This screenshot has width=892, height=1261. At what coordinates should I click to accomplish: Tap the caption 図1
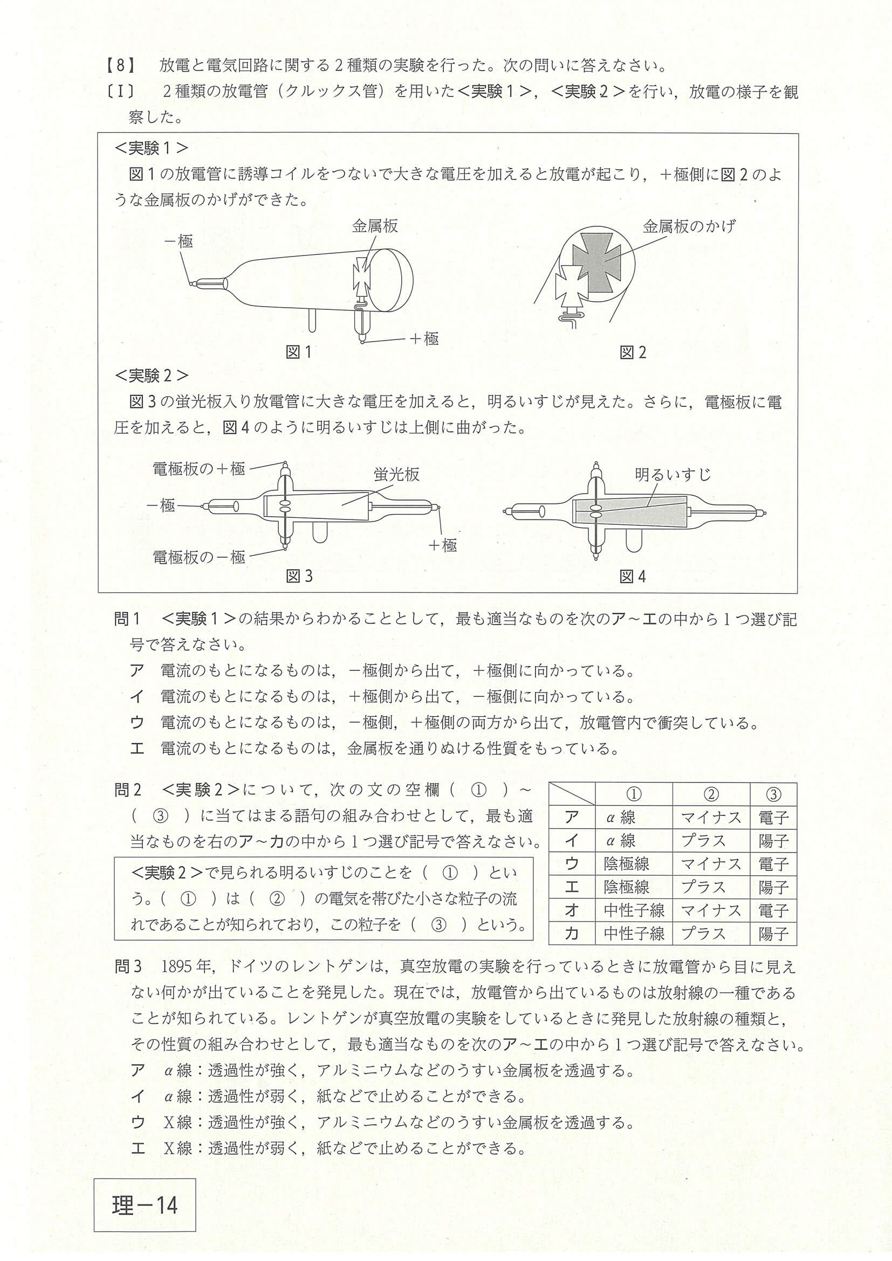298,352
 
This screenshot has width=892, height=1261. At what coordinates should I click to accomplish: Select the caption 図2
633,352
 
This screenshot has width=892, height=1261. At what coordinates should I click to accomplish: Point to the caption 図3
299,576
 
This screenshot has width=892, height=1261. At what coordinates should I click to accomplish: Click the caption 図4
633,576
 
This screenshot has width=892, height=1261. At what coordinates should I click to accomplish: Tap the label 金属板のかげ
689,226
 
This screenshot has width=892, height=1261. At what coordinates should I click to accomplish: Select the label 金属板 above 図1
375,226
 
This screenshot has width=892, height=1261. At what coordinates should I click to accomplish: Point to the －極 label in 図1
179,241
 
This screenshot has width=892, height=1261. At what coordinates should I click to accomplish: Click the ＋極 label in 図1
424,338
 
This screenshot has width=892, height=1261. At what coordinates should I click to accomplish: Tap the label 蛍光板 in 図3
396,475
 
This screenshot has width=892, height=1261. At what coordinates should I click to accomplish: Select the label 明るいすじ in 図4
672,475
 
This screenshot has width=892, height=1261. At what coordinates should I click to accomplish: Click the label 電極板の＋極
198,468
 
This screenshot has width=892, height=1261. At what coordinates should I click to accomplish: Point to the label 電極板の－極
198,557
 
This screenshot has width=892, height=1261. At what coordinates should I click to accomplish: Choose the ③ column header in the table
773,795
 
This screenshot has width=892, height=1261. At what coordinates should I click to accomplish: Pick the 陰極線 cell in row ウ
634,864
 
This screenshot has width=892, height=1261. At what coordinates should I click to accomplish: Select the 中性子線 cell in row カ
634,933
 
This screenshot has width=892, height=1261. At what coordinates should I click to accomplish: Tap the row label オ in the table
572,910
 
